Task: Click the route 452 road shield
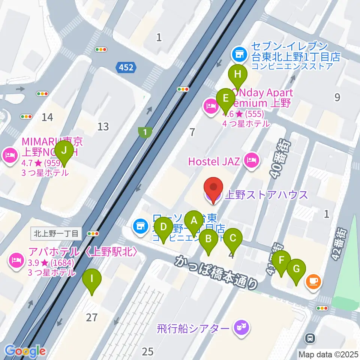pyautogui.click(x=125, y=67)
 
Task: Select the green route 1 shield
pyautogui.click(x=145, y=132)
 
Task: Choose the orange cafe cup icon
pyautogui.click(x=313, y=281)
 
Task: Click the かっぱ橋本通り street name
pyautogui.click(x=216, y=272)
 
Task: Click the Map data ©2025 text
pyautogui.click(x=328, y=354)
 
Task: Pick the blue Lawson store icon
pyautogui.click(x=140, y=226)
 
